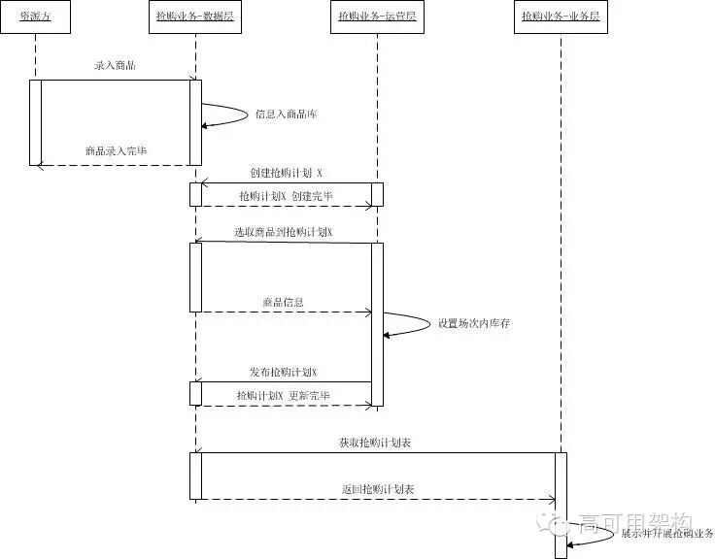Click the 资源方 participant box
point(35,16)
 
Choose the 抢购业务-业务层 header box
point(560,16)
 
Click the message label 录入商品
point(115,66)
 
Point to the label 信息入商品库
point(286,115)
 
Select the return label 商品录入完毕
point(117,151)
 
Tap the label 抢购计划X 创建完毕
point(286,195)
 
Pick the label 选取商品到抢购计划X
point(283,232)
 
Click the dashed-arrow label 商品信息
point(283,302)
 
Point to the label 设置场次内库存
point(473,323)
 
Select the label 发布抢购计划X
point(283,372)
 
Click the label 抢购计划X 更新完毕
point(283,396)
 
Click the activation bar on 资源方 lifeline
point(35,122)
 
